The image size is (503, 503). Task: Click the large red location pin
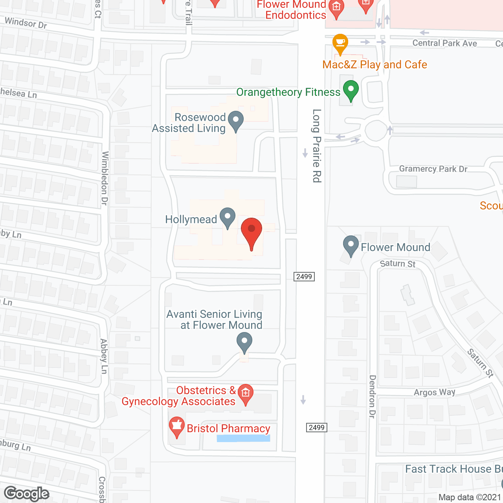click(x=251, y=232)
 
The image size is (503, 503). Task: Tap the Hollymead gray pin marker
click(x=227, y=217)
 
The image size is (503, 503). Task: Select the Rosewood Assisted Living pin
click(x=236, y=121)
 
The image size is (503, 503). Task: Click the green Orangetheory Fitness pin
click(x=351, y=90)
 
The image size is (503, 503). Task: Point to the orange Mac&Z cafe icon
click(x=340, y=44)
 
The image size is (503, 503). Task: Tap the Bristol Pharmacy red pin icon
click(x=176, y=427)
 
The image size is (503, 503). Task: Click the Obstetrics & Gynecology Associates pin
click(x=246, y=394)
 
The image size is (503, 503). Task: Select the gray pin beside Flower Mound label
click(x=351, y=246)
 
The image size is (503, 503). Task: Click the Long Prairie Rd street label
click(x=317, y=146)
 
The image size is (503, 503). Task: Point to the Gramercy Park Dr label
click(x=433, y=169)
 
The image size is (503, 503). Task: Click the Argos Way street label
click(x=434, y=392)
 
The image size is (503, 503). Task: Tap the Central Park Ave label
click(x=444, y=43)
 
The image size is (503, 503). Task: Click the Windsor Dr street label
click(x=26, y=23)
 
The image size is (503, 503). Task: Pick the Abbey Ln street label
click(x=104, y=356)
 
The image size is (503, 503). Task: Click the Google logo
click(x=27, y=493)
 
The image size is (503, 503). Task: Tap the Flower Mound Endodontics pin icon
click(x=336, y=8)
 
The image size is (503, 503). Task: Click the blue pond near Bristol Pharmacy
click(x=244, y=438)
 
